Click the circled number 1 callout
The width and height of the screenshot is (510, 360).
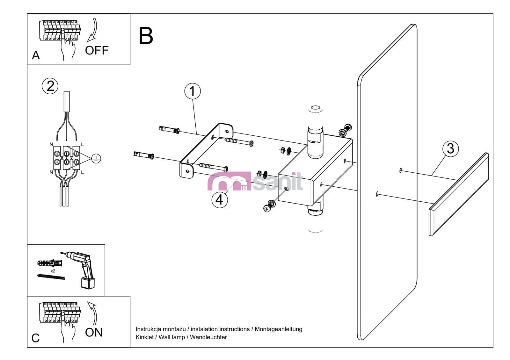(x=193, y=91)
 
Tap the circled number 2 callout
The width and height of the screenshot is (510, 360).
(x=50, y=86)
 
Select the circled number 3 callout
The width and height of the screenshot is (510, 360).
(x=450, y=148)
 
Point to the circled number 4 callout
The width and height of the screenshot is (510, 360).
(x=219, y=200)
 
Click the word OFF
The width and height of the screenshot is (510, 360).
(x=97, y=50)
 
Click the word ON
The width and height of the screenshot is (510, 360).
(x=94, y=333)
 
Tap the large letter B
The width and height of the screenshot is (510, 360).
(x=146, y=36)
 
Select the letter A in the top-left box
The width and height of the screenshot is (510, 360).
(x=36, y=55)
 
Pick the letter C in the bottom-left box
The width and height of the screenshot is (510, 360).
(x=35, y=338)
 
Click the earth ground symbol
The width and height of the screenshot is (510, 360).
(x=96, y=158)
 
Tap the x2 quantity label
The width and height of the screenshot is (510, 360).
(x=53, y=271)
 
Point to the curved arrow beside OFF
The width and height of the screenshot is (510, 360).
(x=93, y=30)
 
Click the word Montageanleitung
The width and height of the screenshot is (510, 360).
(x=278, y=329)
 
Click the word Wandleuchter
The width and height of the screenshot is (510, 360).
(x=208, y=337)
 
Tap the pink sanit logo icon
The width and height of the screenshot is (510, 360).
(x=229, y=182)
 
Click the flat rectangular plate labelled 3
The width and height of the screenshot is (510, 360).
(x=459, y=194)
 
